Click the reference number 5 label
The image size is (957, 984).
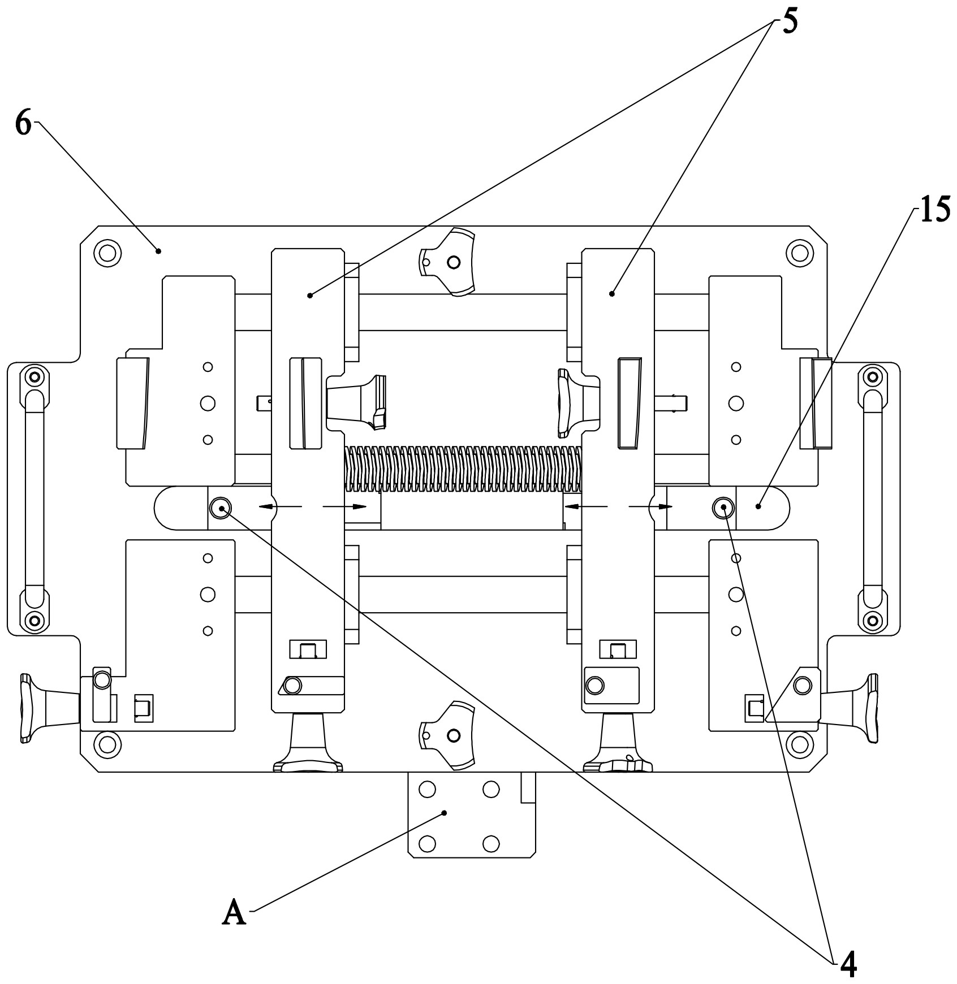(790, 21)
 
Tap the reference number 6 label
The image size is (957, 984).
(23, 123)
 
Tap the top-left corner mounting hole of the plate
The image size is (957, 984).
(107, 252)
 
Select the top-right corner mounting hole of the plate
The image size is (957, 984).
(799, 252)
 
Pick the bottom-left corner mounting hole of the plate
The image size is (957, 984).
(107, 744)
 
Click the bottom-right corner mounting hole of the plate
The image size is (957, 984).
(799, 744)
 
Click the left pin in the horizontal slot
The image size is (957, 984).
(219, 507)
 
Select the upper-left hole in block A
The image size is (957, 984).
(427, 789)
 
